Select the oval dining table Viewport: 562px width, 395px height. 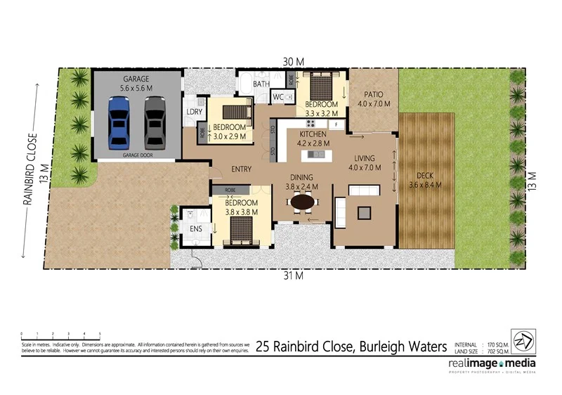(303, 202)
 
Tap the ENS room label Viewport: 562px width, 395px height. (196, 228)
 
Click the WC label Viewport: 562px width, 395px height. (277, 97)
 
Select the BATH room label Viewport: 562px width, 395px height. (261, 84)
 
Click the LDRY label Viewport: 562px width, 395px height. (195, 112)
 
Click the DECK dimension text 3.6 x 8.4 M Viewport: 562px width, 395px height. (429, 186)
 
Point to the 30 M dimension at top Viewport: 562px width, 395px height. (294, 62)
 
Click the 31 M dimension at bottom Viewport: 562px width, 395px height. (293, 275)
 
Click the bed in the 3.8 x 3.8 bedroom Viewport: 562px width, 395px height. (240, 230)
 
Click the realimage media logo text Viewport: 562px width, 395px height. (492, 363)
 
